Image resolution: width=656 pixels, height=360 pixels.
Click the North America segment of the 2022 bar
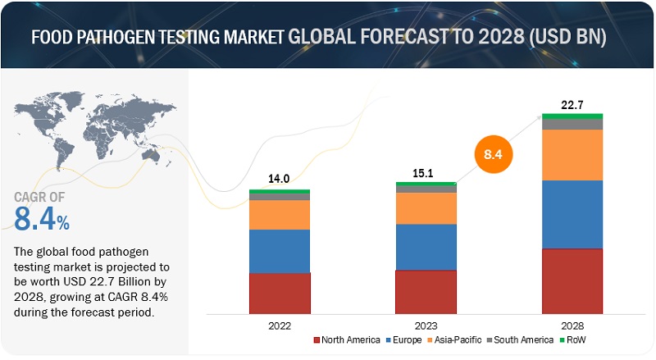(280, 293)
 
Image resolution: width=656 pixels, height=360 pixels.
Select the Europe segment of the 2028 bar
(572, 214)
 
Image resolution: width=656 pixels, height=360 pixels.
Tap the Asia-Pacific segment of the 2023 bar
(426, 208)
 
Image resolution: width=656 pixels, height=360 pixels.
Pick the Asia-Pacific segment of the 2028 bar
(572, 154)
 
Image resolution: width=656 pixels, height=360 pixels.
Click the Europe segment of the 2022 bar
(280, 251)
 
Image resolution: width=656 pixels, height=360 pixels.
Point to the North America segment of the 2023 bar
(426, 291)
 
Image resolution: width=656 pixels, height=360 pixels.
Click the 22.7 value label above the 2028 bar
(572, 104)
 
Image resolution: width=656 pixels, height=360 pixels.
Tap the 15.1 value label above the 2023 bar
(426, 173)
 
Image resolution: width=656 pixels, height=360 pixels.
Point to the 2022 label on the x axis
(280, 325)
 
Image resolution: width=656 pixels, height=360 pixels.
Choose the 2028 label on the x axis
(572, 325)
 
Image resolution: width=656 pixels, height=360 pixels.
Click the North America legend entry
(347, 339)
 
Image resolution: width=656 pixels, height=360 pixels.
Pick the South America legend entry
(521, 339)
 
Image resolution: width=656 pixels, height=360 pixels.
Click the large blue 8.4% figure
(42, 220)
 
